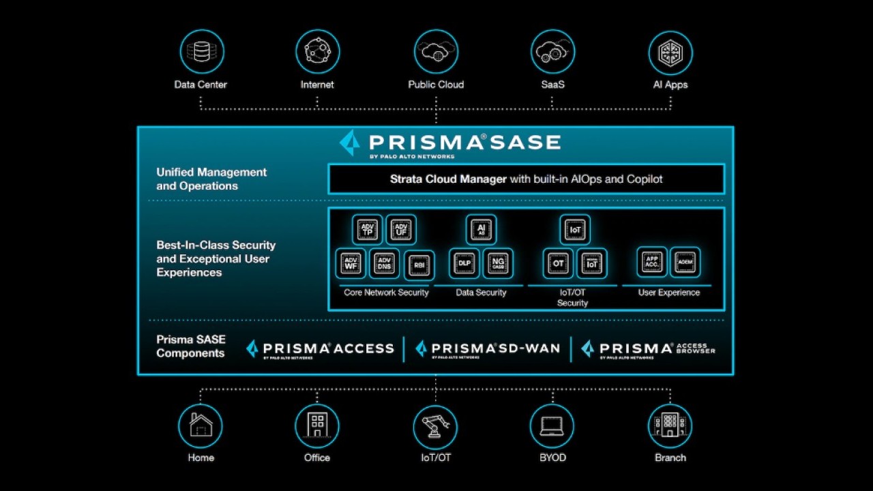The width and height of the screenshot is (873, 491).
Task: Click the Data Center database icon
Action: tap(201, 52)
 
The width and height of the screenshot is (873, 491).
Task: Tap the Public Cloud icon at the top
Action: tap(436, 52)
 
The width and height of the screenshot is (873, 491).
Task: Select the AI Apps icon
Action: tap(670, 52)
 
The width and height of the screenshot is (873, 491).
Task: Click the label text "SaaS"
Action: tap(552, 85)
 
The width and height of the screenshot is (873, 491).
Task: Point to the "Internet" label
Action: tap(317, 85)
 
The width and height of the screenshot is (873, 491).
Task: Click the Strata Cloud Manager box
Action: tap(526, 179)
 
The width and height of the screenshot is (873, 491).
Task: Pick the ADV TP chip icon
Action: tap(368, 230)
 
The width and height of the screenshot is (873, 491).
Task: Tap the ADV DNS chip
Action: tap(384, 263)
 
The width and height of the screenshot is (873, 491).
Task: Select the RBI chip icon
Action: tap(419, 265)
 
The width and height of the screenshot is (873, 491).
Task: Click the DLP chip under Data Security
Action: tap(464, 263)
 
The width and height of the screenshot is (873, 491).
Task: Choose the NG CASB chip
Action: tap(498, 263)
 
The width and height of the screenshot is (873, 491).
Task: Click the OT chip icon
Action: tap(558, 263)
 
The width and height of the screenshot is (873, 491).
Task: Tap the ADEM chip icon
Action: tap(685, 262)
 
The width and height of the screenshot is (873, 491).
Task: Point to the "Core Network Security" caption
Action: tap(386, 293)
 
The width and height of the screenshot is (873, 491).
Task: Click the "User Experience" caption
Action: tap(668, 293)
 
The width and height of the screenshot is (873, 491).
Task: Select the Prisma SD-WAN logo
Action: tap(488, 349)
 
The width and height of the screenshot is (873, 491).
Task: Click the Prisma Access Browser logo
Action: tap(648, 349)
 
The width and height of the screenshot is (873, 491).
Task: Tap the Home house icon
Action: tap(201, 426)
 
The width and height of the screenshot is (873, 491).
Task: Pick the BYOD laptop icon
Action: tap(552, 426)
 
